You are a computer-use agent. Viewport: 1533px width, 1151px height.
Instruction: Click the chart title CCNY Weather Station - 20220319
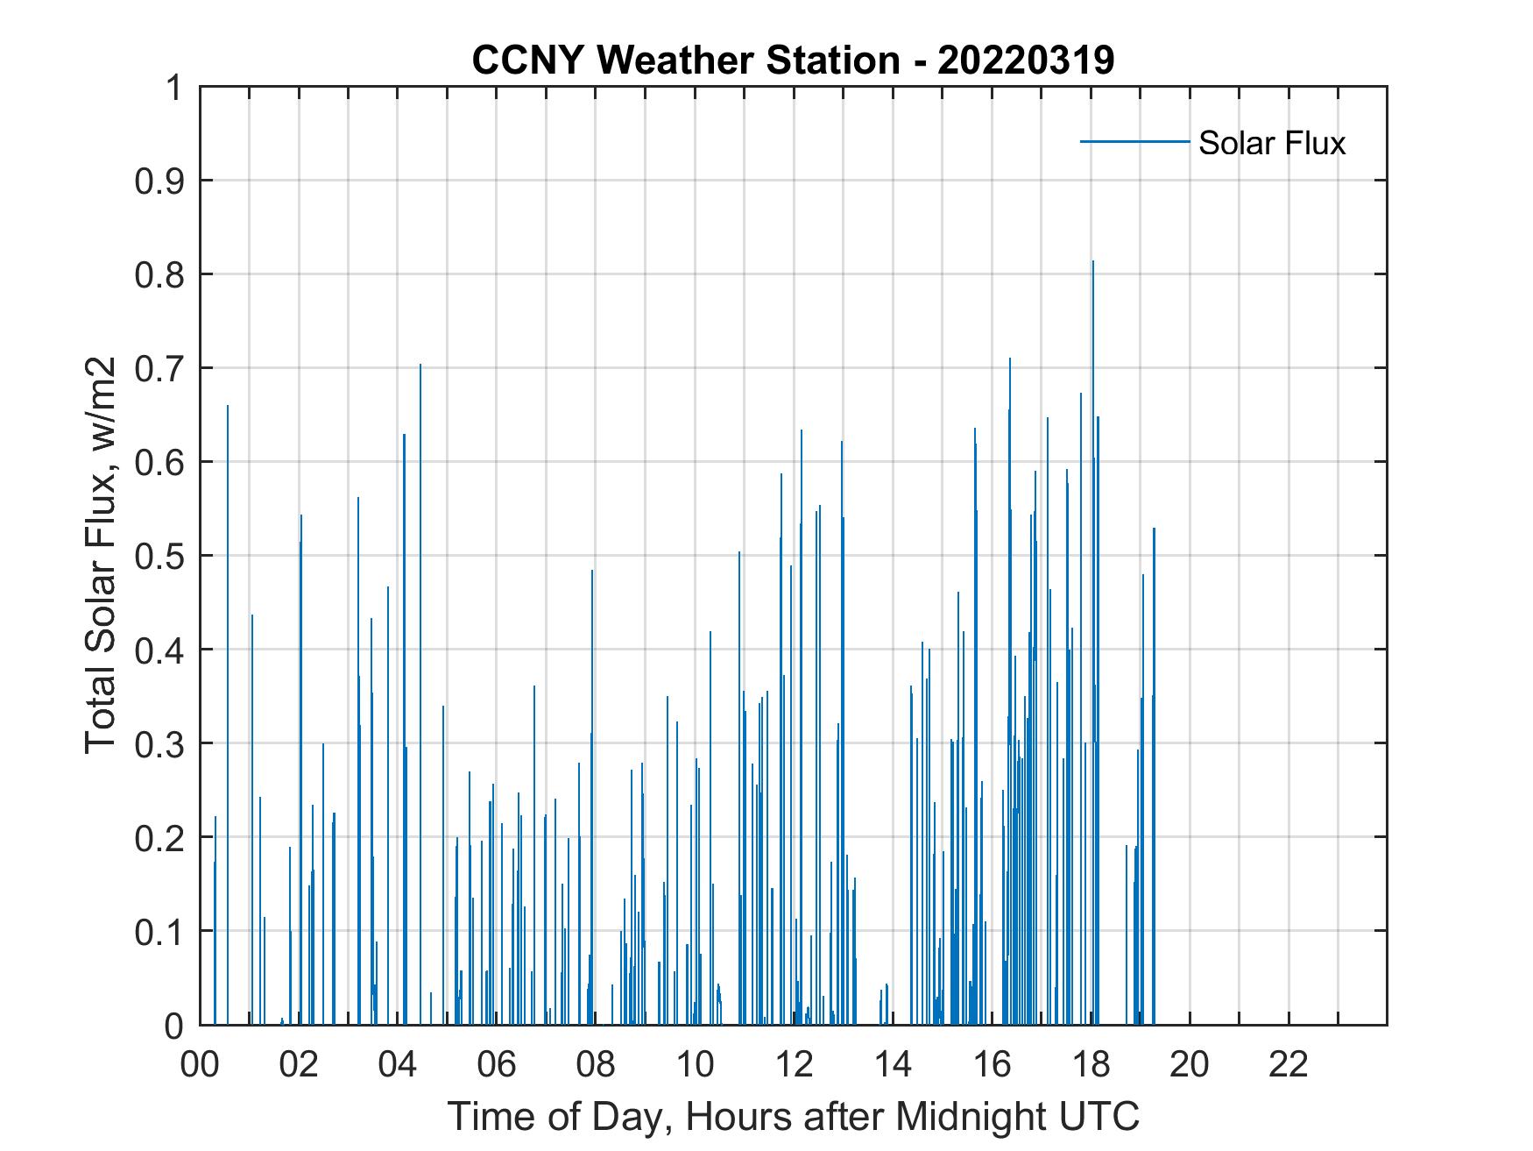coord(793,60)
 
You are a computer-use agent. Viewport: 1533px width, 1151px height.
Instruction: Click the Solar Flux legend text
coord(1271,143)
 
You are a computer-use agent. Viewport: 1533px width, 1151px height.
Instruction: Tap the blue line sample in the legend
coord(1134,141)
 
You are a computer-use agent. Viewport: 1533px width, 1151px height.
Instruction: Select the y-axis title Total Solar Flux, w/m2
coord(101,555)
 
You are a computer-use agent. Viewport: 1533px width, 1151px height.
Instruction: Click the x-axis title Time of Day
coord(793,1116)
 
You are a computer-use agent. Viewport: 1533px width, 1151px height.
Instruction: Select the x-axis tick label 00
coord(200,1064)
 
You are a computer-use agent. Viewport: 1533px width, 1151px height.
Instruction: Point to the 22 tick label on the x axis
coord(1289,1064)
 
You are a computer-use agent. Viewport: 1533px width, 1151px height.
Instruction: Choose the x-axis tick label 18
coord(1091,1064)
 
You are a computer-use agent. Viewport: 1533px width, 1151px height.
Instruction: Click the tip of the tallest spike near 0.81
coord(1092,261)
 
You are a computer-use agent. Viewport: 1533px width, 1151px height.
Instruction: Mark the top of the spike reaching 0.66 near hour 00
coord(228,406)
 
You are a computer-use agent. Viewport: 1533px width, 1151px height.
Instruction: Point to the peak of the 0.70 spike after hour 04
coord(420,365)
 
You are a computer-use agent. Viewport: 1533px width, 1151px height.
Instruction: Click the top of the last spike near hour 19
coord(1154,529)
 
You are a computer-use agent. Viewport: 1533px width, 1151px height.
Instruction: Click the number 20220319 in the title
coord(1025,60)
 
